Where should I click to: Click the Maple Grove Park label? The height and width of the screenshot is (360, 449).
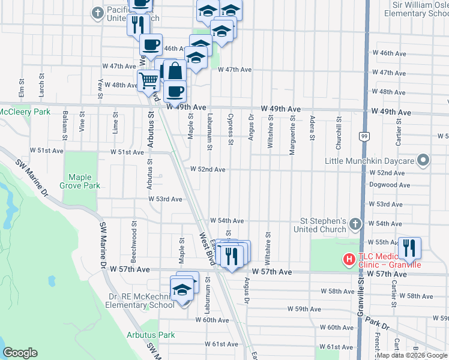pyautogui.click(x=84, y=181)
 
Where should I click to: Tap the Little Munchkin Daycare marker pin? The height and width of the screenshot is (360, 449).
pyautogui.click(x=424, y=161)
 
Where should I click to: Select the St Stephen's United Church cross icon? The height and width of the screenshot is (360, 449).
pyautogui.click(x=355, y=224)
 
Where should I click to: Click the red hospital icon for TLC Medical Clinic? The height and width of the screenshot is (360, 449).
pyautogui.click(x=348, y=259)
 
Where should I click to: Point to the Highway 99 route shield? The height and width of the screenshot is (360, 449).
pyautogui.click(x=364, y=137)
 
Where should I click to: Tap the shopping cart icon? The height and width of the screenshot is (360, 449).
pyautogui.click(x=148, y=80)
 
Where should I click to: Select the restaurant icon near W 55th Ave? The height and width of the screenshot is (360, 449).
pyautogui.click(x=409, y=247)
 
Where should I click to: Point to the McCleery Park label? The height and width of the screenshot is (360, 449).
pyautogui.click(x=25, y=112)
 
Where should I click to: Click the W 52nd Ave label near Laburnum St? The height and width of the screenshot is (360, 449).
pyautogui.click(x=208, y=170)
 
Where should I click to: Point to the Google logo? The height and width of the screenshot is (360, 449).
pyautogui.click(x=20, y=353)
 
